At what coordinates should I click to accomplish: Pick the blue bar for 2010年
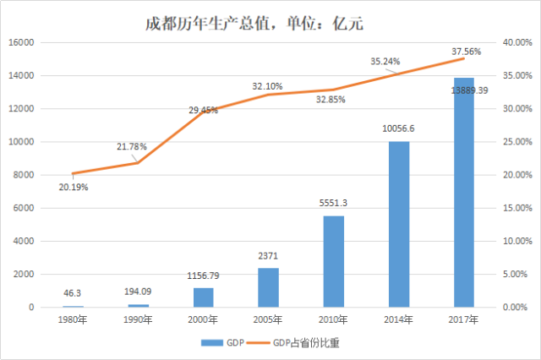point(333,261)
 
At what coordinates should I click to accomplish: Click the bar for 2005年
point(268,287)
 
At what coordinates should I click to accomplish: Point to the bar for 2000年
point(204,297)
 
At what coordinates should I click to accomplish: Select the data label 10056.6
point(399,130)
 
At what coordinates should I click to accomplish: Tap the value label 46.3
point(74,293)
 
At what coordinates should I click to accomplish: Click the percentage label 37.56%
point(466,51)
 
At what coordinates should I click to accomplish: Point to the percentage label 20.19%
point(74,187)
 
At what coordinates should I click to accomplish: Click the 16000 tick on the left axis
point(20,42)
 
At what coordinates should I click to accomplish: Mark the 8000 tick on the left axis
point(23,175)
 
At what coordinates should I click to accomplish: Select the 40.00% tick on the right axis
point(516,42)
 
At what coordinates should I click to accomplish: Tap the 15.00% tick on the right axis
point(516,208)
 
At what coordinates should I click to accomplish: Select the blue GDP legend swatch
point(210,343)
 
